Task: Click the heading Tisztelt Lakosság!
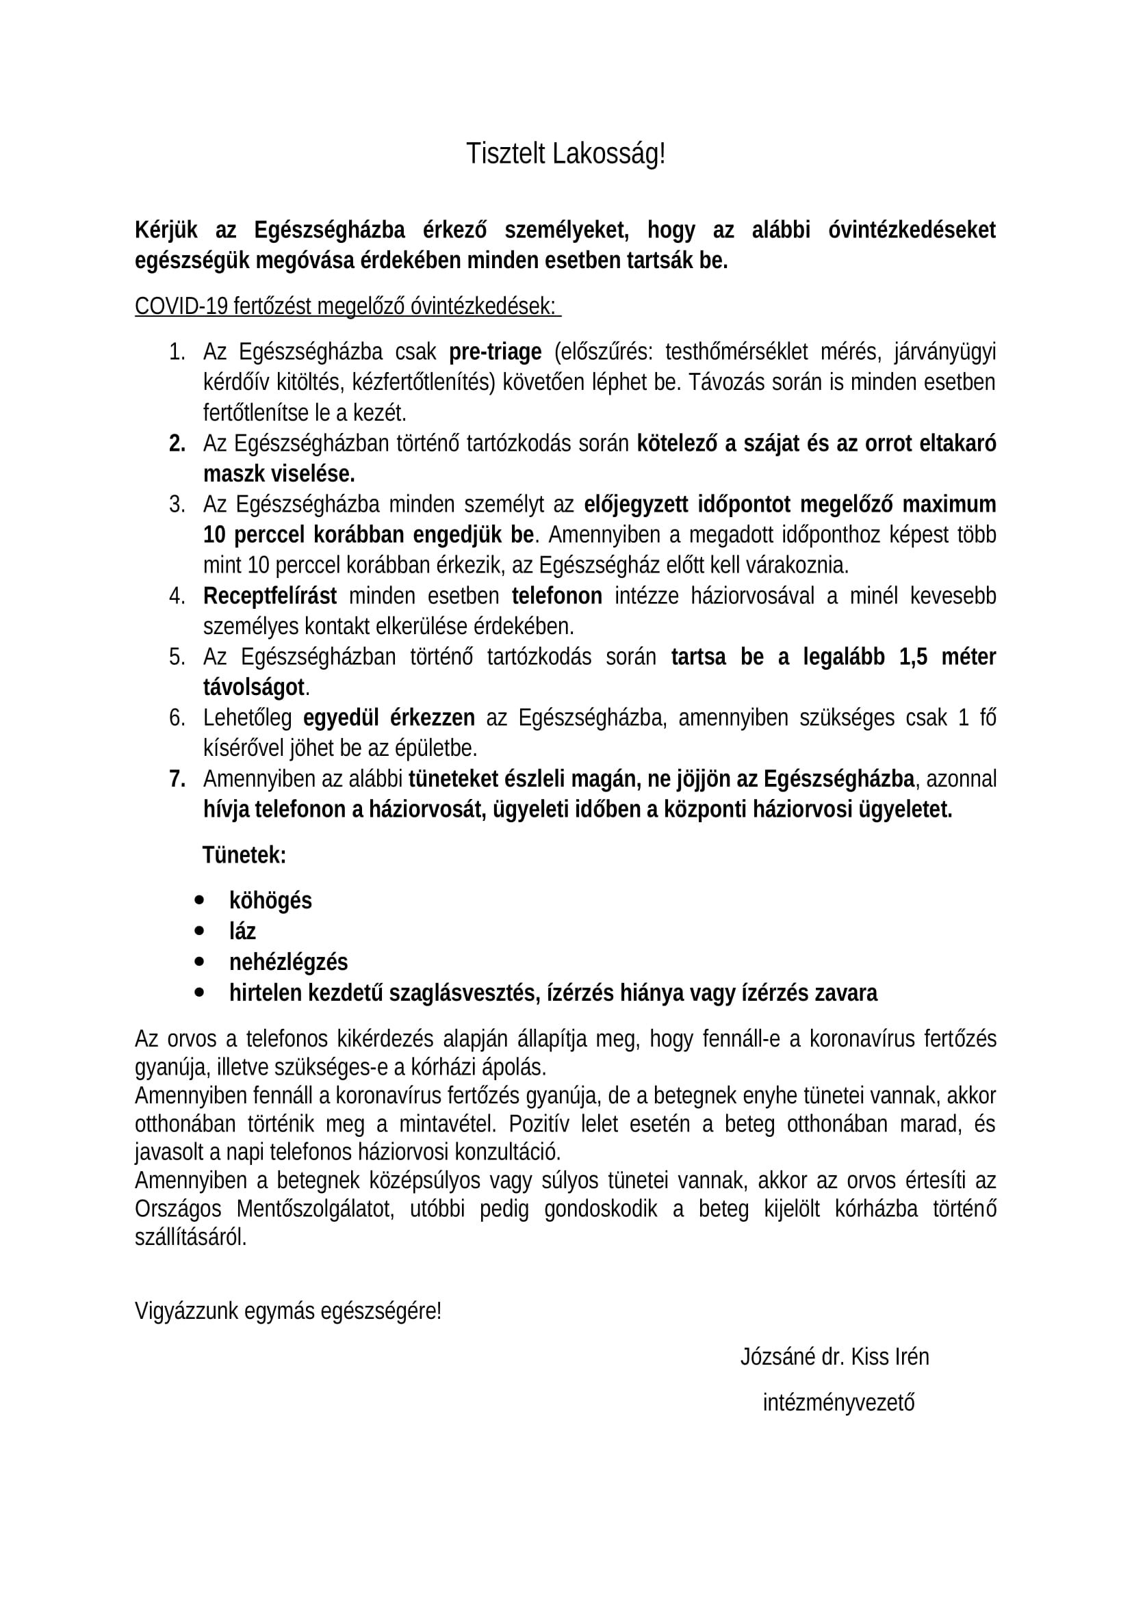(565, 154)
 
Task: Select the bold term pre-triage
(495, 352)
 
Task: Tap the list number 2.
(177, 443)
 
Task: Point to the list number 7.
(177, 778)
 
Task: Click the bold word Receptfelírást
(270, 596)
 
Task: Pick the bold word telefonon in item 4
(557, 596)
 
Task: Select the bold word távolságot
(254, 687)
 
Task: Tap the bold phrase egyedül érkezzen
(389, 717)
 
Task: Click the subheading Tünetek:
(244, 855)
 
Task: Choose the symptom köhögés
(270, 900)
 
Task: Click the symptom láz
(242, 931)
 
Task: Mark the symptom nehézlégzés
(289, 962)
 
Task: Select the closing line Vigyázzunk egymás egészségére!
(288, 1311)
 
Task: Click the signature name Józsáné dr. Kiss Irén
(834, 1356)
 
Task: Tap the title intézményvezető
(838, 1402)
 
